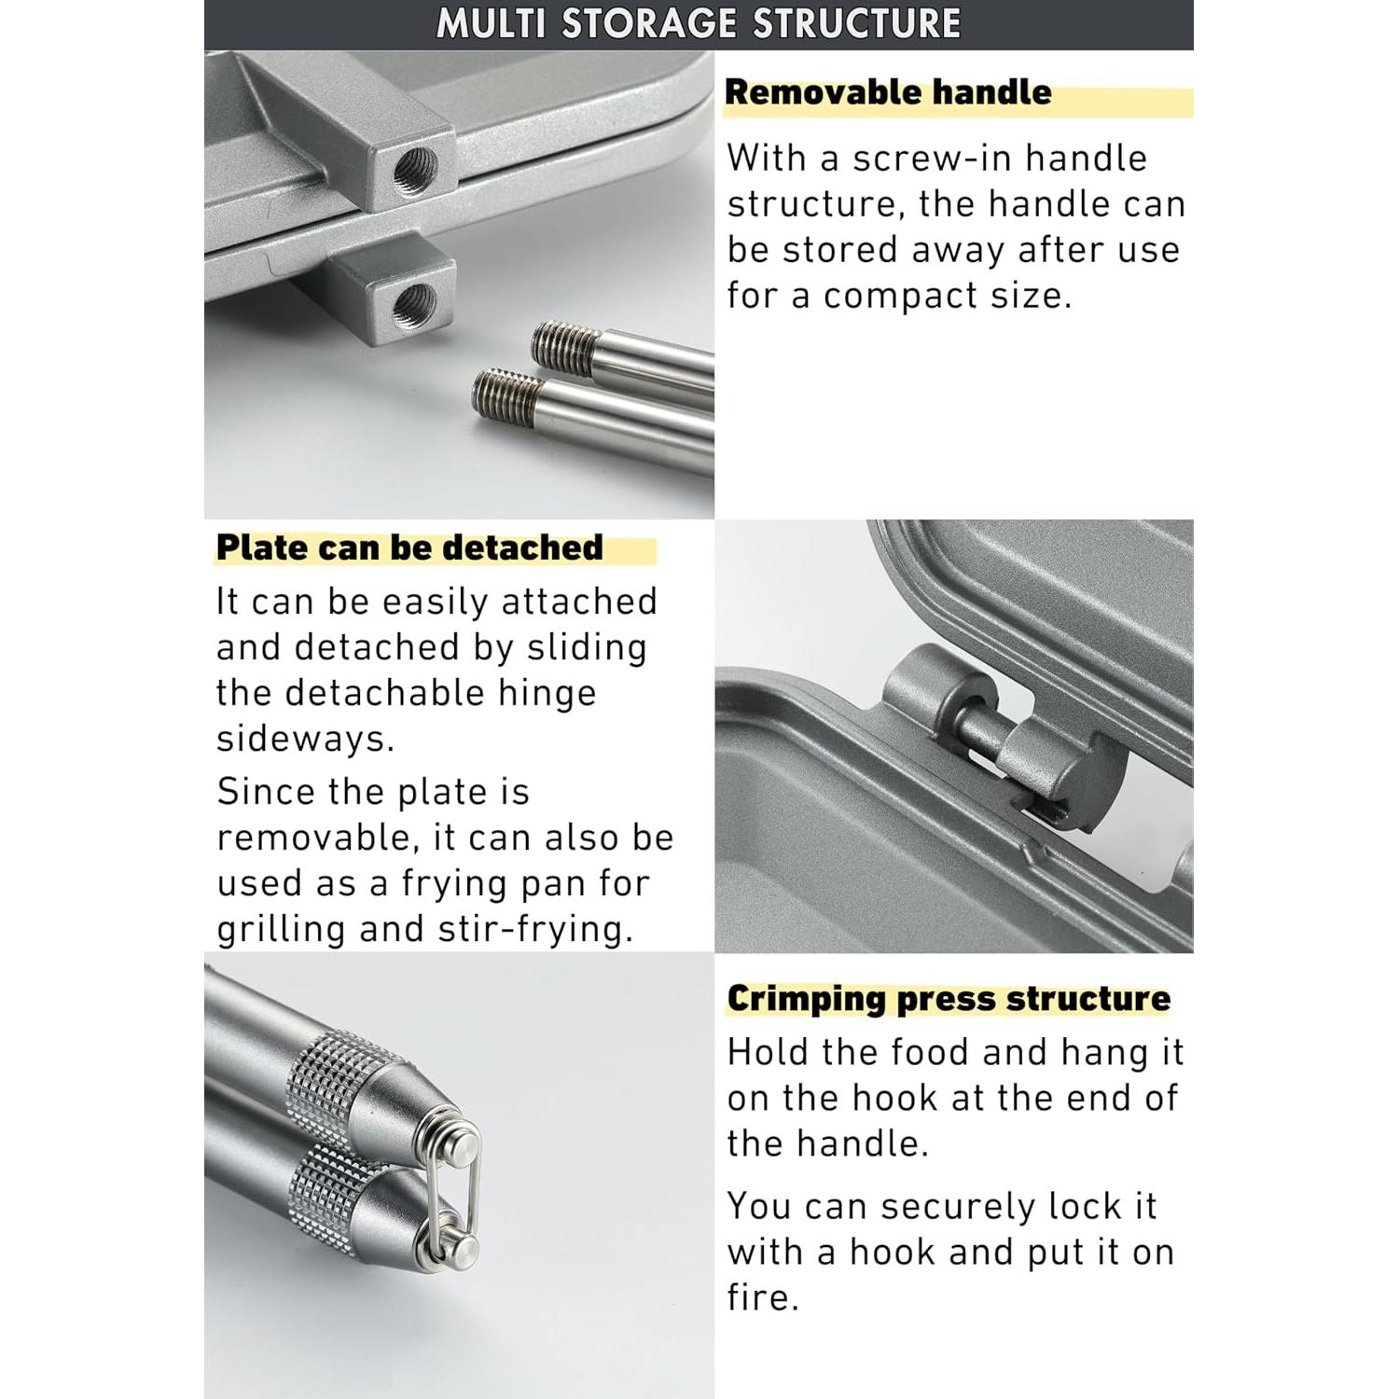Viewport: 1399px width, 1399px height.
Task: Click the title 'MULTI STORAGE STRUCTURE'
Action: click(699, 23)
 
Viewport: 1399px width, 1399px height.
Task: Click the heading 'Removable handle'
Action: click(887, 92)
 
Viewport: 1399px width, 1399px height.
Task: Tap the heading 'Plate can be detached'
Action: click(409, 547)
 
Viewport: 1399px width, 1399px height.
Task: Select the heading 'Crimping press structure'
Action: click(948, 999)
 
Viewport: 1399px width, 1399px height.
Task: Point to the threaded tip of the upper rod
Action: click(565, 344)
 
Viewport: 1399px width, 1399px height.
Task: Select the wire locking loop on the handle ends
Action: click(456, 1184)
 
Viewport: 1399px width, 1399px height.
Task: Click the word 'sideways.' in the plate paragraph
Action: click(306, 739)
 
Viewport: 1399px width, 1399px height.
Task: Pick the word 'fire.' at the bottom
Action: click(763, 1297)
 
